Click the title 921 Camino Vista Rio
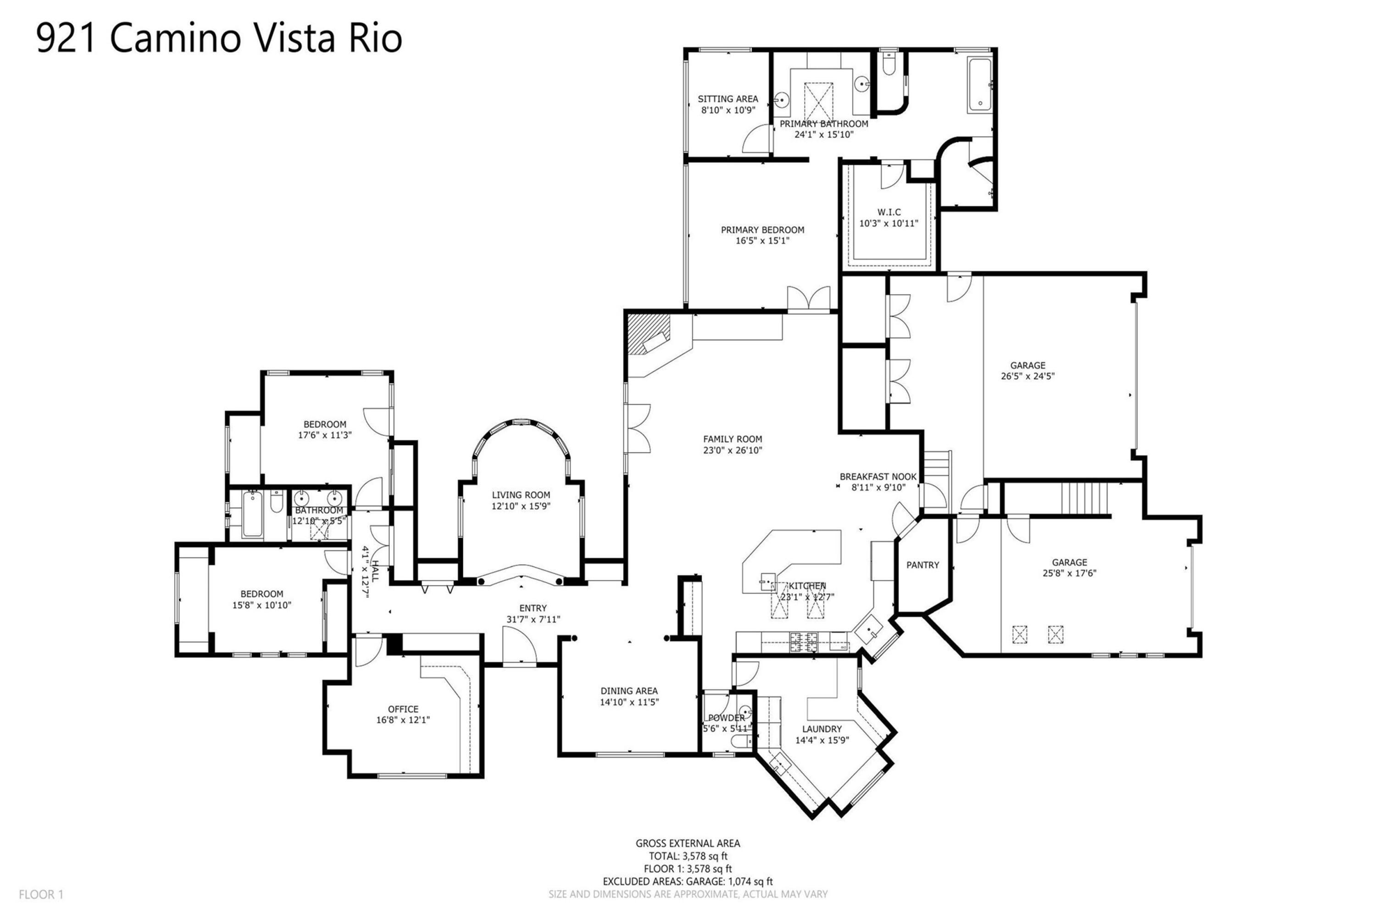click(219, 39)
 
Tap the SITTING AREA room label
click(728, 99)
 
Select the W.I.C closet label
click(889, 212)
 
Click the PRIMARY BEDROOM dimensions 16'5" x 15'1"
click(762, 241)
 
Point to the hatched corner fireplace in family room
click(648, 334)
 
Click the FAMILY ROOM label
click(732, 439)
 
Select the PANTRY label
click(922, 565)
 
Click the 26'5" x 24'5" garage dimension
click(1027, 376)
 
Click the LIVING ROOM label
click(521, 495)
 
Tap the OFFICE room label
click(403, 709)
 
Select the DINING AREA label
click(629, 691)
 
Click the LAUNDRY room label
click(822, 729)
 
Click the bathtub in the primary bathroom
click(979, 85)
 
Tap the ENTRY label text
click(533, 608)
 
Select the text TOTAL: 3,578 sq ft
click(688, 856)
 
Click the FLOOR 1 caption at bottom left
click(41, 894)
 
